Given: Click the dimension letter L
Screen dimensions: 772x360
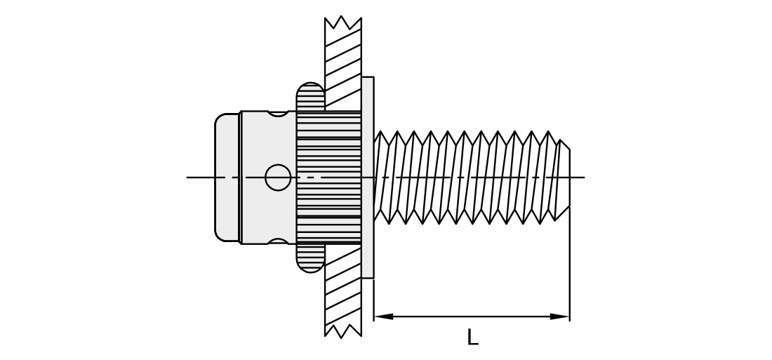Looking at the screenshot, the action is (x=472, y=338).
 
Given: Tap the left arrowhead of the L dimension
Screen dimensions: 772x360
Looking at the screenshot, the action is (x=383, y=316).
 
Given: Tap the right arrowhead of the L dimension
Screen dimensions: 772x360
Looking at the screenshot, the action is (x=560, y=316).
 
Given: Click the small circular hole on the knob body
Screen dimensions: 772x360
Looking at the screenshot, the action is (x=278, y=178).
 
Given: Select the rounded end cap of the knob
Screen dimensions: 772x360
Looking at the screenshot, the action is (x=227, y=178).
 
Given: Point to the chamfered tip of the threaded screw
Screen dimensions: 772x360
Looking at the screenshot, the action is (x=564, y=178).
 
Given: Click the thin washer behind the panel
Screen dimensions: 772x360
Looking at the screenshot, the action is (x=368, y=178).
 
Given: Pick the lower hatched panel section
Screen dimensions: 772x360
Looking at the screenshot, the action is (x=343, y=291).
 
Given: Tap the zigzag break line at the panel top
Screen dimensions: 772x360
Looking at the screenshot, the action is (x=343, y=22).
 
